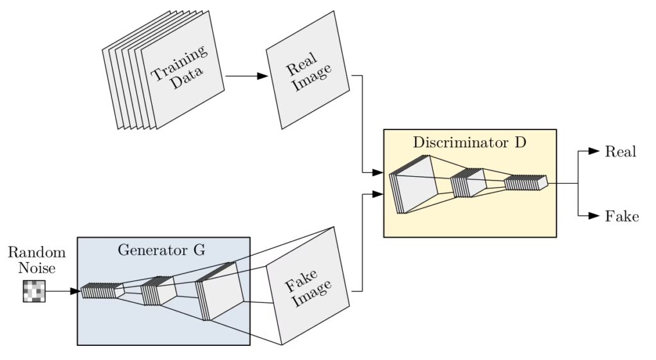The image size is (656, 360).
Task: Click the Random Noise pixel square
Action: (35, 291)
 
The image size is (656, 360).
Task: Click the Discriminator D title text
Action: (469, 142)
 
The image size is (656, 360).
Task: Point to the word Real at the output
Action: (620, 152)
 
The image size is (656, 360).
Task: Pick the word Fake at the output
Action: (621, 216)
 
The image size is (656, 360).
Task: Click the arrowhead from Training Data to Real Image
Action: (262, 76)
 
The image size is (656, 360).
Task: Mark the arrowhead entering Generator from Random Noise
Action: (76, 291)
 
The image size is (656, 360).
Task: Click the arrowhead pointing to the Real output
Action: (593, 152)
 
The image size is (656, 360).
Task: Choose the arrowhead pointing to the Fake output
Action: (593, 216)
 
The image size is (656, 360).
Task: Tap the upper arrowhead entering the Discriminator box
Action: (378, 173)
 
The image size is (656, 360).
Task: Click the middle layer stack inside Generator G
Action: (158, 291)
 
